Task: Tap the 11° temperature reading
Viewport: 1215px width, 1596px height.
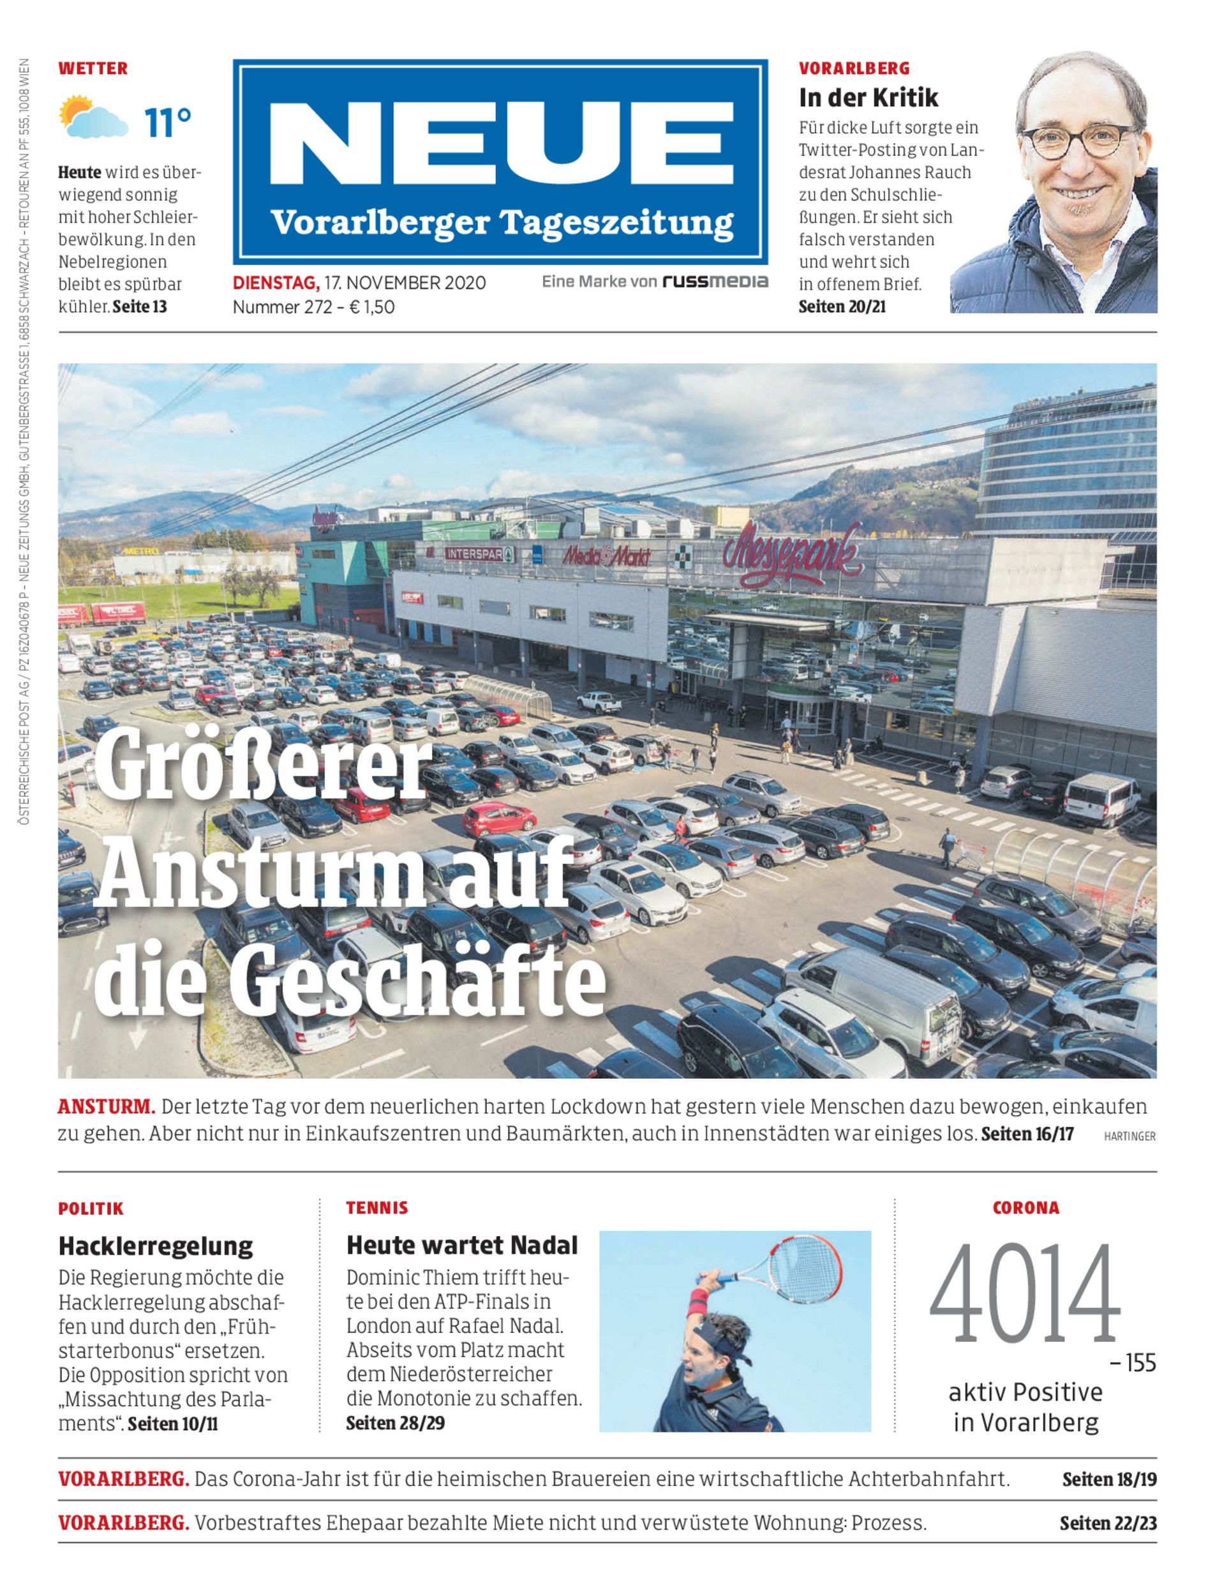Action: (x=167, y=123)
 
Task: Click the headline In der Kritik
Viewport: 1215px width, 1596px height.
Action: (x=868, y=98)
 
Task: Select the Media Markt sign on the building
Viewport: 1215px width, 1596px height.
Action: (x=606, y=555)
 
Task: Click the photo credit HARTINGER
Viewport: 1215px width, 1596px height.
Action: (x=1129, y=1136)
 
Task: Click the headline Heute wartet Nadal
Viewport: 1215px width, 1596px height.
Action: (x=462, y=1245)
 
